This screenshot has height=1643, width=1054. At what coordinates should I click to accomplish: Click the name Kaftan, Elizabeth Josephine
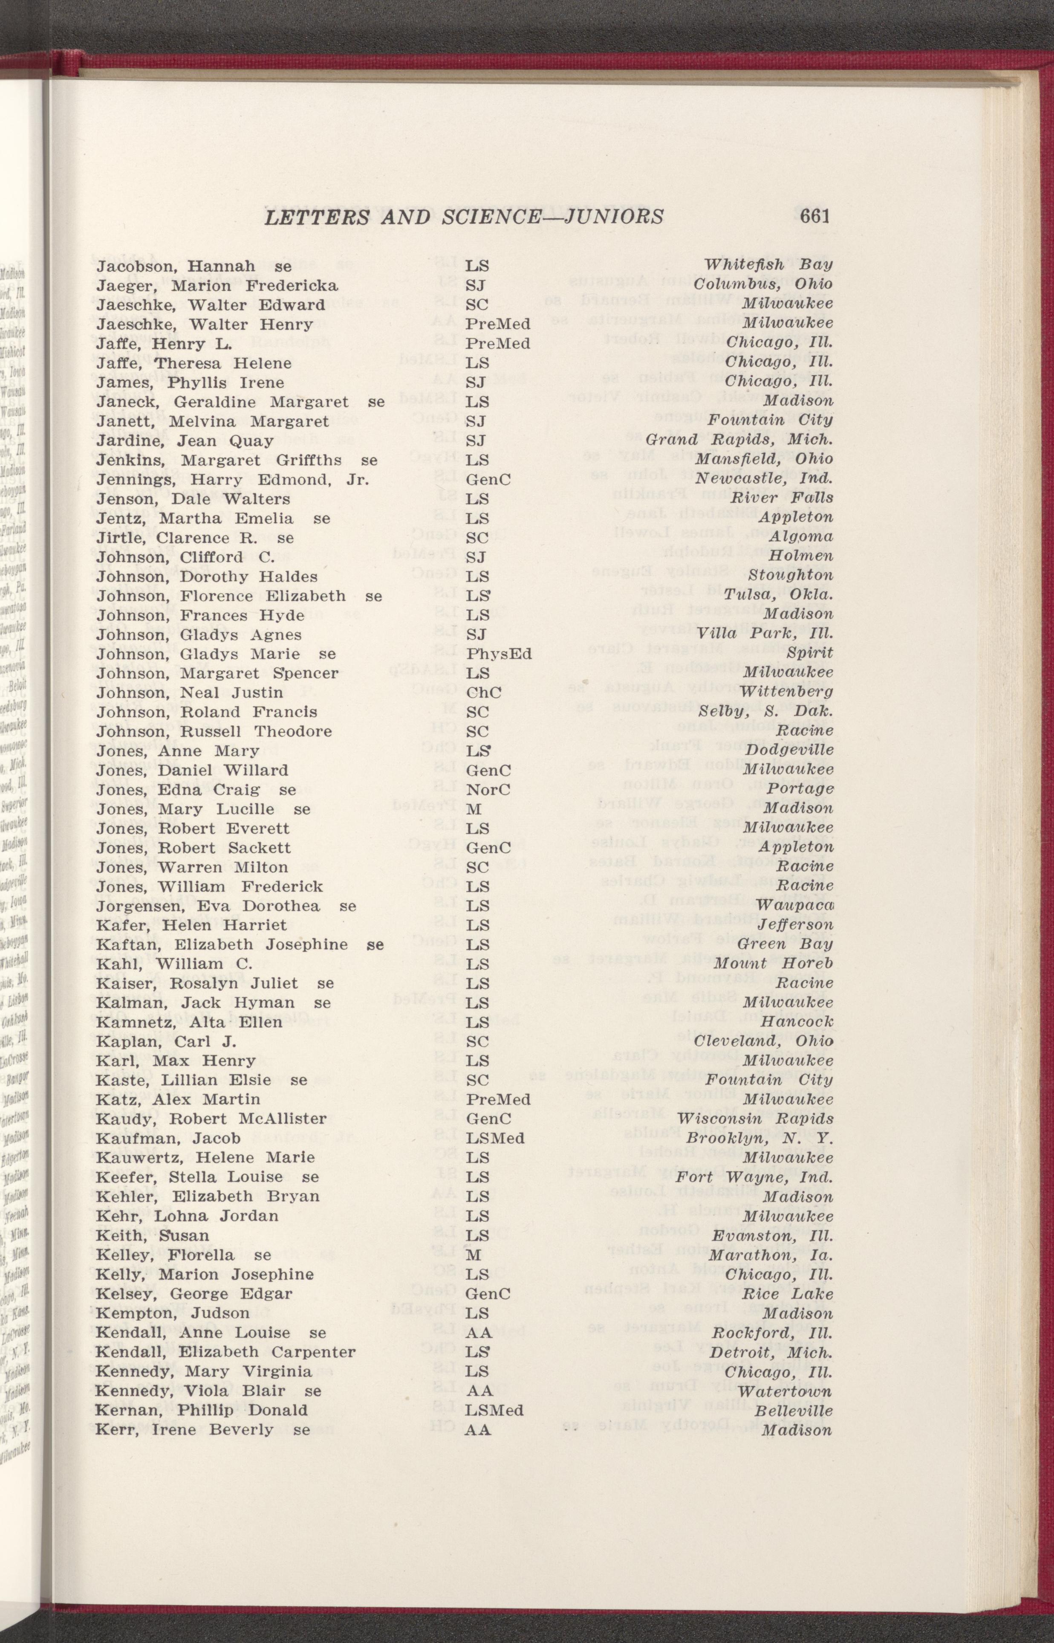pyautogui.click(x=222, y=945)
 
